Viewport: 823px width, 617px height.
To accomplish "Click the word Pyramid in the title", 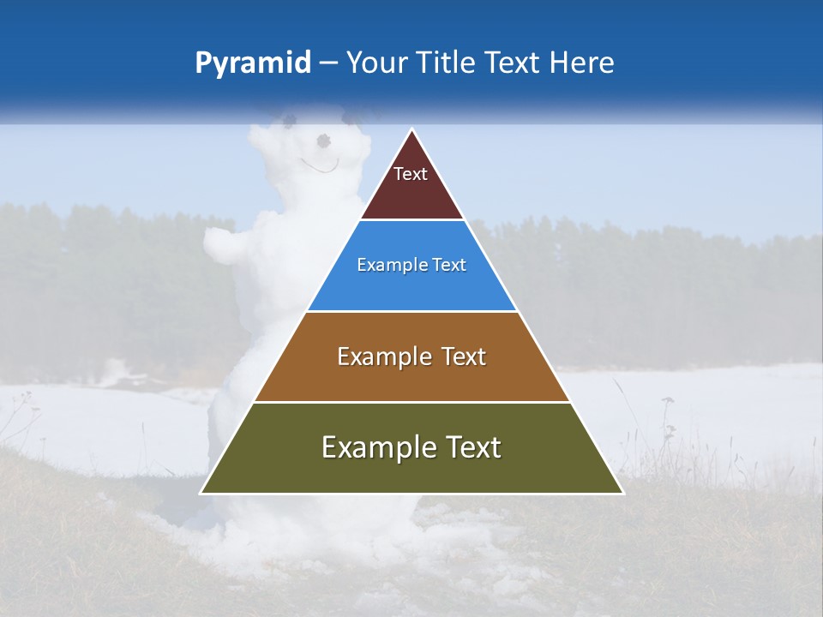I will tap(253, 63).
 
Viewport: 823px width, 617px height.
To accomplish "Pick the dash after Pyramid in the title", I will tap(328, 63).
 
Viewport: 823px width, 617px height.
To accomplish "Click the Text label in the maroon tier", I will tap(411, 174).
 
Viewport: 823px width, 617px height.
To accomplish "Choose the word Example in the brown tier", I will tap(381, 356).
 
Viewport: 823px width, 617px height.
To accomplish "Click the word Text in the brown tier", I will tap(464, 356).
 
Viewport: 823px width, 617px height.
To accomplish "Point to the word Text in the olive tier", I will tap(472, 447).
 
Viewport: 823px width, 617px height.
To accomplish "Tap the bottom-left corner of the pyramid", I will tap(202, 493).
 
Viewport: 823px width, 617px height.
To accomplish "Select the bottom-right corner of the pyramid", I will tap(622, 493).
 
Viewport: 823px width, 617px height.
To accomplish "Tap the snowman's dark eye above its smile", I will tap(323, 140).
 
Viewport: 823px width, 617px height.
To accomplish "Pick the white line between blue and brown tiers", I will tap(412, 311).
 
